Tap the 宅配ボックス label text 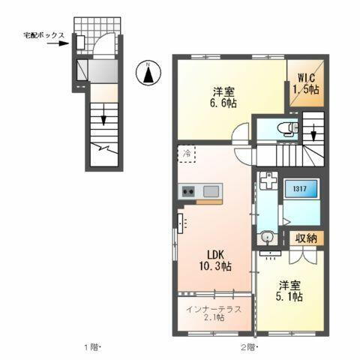(x=43, y=35)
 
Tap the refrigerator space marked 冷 (x=186, y=154)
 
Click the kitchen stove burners (x=187, y=191)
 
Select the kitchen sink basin (x=209, y=190)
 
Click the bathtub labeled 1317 (x=301, y=190)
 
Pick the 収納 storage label (x=304, y=239)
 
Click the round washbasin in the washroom (x=268, y=239)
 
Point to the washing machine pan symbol (x=268, y=181)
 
